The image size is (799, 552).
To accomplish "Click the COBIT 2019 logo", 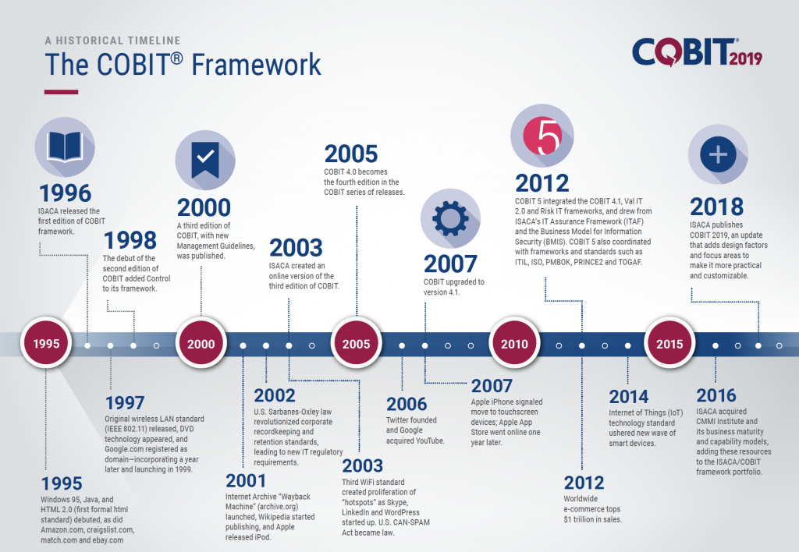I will [x=696, y=53].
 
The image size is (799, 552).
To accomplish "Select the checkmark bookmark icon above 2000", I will [x=204, y=156].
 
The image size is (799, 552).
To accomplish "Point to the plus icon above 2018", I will [x=717, y=154].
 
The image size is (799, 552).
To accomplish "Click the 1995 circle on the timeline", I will [x=46, y=344].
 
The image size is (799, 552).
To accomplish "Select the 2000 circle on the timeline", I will [x=201, y=344].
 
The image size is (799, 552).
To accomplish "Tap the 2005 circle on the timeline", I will [x=357, y=344].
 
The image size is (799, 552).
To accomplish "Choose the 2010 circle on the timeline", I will [x=514, y=344].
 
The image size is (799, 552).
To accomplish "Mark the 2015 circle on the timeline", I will [x=669, y=344].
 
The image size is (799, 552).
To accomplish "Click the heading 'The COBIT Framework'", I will [x=183, y=64].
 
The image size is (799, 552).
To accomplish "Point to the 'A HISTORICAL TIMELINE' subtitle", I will [x=112, y=40].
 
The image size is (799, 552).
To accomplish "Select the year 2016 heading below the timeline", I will [x=717, y=395].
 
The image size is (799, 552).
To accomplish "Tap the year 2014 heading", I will [x=629, y=396].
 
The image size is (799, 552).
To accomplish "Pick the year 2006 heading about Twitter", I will [x=407, y=404].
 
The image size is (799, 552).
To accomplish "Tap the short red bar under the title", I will [x=61, y=92].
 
